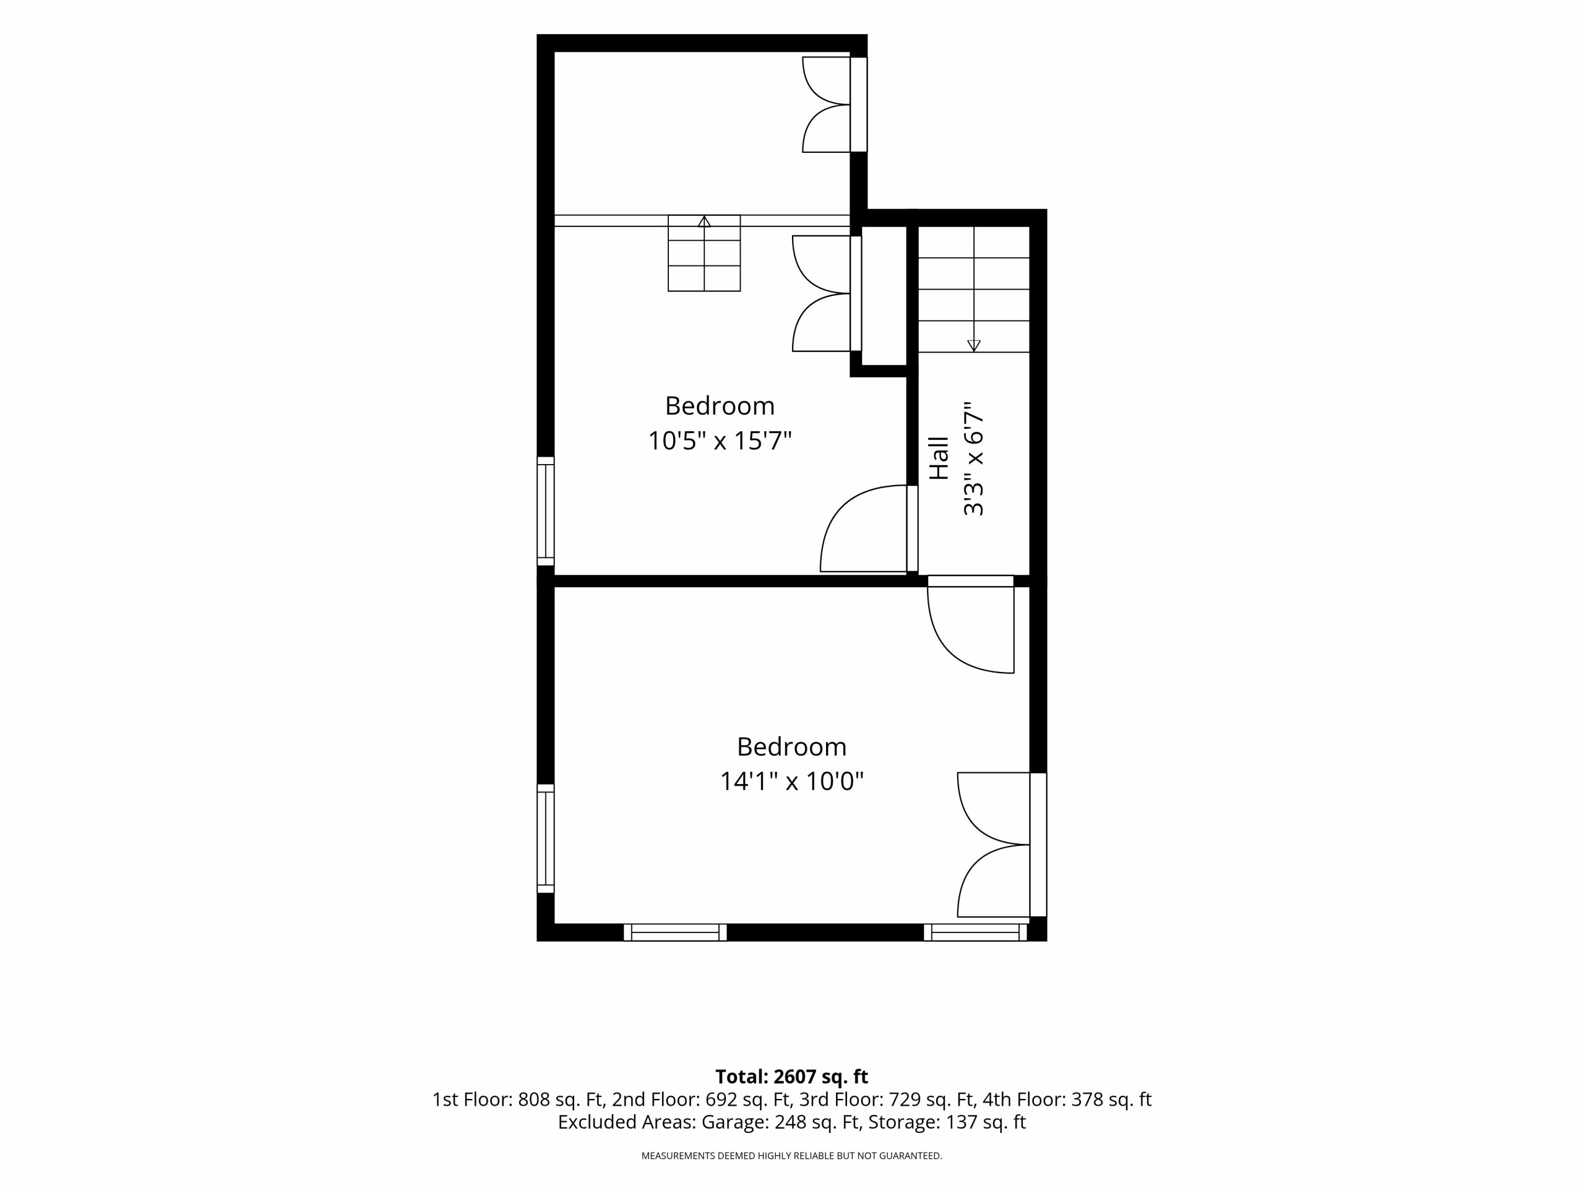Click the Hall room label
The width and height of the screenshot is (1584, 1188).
938,458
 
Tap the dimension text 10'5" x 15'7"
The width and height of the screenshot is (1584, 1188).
720,441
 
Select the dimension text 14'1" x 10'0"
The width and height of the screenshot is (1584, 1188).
791,781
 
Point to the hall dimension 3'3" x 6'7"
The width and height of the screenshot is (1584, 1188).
974,458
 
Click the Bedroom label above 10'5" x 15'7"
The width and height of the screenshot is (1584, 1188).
720,406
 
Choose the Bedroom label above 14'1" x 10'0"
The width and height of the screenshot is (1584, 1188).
791,747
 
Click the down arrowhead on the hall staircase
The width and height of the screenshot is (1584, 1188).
974,346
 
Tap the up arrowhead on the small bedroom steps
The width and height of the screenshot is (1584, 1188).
704,222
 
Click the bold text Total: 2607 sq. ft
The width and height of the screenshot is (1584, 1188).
791,1076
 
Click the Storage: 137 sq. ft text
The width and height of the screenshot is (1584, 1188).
947,1122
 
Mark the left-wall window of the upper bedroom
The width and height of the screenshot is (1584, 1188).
546,511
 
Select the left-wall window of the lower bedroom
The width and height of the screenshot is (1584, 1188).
546,838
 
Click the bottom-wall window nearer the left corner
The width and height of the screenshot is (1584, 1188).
675,932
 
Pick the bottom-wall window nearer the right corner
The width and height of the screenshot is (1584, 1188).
975,932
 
